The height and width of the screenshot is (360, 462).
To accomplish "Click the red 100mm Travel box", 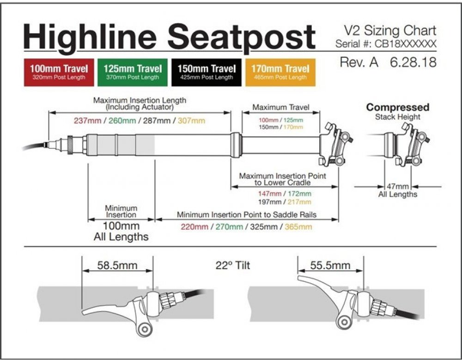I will click(59, 72).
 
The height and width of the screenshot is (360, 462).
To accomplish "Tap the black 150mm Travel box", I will click(204, 72).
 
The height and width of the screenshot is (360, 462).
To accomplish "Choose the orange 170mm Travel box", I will click(280, 72).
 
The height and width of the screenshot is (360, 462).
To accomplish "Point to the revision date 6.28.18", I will click(413, 62).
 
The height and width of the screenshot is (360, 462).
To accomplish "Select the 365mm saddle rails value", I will click(298, 226).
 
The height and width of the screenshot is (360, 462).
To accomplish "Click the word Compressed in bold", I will click(397, 107).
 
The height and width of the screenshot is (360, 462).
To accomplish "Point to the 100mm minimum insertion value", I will click(120, 226).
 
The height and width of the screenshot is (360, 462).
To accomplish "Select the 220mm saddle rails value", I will click(195, 226).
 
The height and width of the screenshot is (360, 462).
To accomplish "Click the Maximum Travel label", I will click(280, 107).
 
